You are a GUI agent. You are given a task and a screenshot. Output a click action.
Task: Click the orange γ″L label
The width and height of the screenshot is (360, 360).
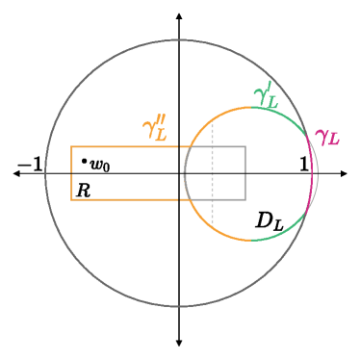point(155,130)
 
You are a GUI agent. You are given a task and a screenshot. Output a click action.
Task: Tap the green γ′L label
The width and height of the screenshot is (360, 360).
point(266,95)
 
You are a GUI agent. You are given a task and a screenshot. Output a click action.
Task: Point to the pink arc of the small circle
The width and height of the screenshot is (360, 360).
point(313,173)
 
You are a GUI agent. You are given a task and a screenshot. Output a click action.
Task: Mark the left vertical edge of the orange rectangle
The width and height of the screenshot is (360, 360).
point(71,173)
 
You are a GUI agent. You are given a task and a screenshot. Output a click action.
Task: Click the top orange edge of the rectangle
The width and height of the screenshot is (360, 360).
point(125,146)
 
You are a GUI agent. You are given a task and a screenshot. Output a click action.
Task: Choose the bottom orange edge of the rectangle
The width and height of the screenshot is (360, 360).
point(125,199)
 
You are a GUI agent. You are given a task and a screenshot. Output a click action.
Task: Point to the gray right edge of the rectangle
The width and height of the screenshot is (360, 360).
point(245,173)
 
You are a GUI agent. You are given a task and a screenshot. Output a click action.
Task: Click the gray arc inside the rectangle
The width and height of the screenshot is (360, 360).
point(184,173)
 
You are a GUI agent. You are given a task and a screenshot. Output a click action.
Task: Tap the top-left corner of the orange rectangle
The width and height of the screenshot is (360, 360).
point(71,146)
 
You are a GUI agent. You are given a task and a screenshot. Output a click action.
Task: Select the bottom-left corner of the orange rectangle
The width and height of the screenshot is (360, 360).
point(71,199)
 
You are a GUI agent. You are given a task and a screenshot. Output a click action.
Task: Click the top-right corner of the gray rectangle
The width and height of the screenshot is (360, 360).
point(245,146)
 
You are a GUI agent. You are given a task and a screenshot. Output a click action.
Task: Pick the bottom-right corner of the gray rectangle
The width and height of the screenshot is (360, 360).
point(245,199)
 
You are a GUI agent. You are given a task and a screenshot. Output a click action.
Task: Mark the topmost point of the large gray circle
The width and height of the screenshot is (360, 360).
point(179,40)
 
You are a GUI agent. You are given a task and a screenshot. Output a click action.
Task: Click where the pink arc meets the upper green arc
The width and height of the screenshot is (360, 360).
point(306,136)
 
